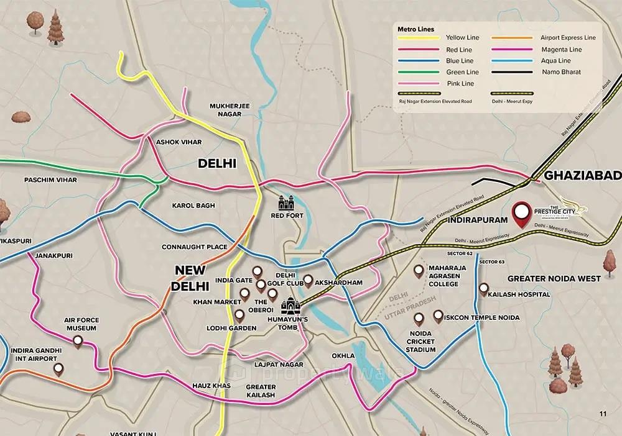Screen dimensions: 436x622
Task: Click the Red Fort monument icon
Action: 285,202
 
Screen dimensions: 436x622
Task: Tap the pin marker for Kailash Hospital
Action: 484,289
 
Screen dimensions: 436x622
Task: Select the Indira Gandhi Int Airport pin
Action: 58,370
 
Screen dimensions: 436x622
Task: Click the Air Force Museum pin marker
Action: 78,341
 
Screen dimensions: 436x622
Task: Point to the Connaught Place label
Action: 194,247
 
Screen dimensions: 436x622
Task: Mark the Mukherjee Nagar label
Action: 230,110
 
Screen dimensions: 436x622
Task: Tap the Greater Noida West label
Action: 554,278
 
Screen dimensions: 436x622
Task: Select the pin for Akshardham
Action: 308,280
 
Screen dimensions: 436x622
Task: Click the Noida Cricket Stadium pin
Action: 419,318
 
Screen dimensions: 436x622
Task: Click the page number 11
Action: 602,414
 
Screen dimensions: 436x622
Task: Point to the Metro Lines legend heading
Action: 416,29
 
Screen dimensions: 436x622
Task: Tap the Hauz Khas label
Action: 212,386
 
